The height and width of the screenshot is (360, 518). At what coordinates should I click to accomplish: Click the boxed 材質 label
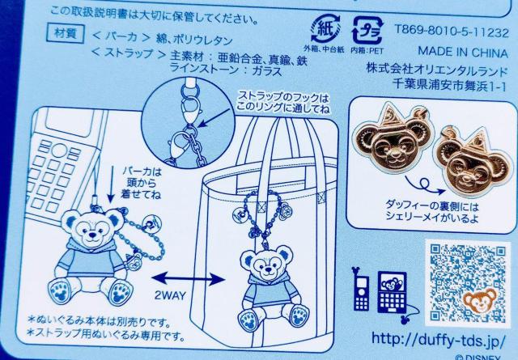(65, 33)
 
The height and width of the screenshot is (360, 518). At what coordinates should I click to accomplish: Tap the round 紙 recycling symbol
(325, 29)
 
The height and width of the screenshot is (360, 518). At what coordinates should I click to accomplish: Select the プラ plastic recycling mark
(367, 31)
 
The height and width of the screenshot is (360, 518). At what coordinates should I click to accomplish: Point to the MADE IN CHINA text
(463, 53)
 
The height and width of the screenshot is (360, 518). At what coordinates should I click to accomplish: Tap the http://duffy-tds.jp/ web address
(439, 339)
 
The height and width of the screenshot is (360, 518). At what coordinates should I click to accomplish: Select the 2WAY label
(170, 295)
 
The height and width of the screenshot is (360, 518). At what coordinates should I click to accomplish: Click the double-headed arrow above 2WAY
(188, 279)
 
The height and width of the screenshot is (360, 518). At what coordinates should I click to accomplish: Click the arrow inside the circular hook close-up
(214, 118)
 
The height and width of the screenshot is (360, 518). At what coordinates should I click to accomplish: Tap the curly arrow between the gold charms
(424, 186)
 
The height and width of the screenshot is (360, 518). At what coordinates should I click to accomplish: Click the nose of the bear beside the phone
(92, 235)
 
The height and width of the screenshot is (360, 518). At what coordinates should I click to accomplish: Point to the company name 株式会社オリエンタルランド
(437, 70)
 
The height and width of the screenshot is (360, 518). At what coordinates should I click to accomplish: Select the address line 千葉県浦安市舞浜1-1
(450, 85)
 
